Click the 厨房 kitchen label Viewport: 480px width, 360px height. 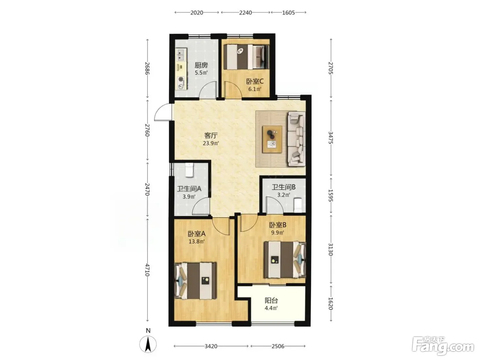pyautogui.click(x=201, y=65)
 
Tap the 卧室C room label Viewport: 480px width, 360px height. pyautogui.click(x=255, y=82)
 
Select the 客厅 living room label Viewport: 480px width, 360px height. pyautogui.click(x=211, y=135)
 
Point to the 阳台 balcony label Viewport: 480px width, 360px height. pyautogui.click(x=271, y=301)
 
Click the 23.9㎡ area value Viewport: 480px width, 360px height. pyautogui.click(x=211, y=143)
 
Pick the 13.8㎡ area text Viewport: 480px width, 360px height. pyautogui.click(x=196, y=241)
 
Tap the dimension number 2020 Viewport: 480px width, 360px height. pyautogui.click(x=196, y=13)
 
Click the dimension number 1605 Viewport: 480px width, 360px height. pyautogui.click(x=288, y=13)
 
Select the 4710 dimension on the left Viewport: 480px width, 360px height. pyautogui.click(x=148, y=270)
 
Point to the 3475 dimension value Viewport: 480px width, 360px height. pyautogui.click(x=331, y=138)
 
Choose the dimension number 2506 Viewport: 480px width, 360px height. pyautogui.click(x=278, y=346)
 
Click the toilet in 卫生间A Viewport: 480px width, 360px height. pyautogui.click(x=189, y=170)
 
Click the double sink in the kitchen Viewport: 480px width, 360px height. pyautogui.click(x=181, y=55)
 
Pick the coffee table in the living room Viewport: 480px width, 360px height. pyautogui.click(x=272, y=139)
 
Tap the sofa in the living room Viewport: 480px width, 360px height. pyautogui.click(x=296, y=139)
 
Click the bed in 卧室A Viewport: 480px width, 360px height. pyautogui.click(x=195, y=281)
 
